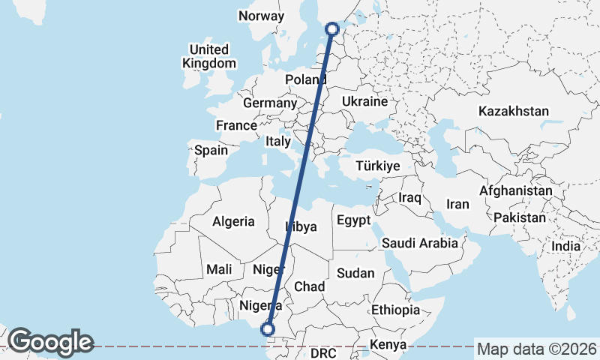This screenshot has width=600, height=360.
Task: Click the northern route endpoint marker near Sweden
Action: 333,29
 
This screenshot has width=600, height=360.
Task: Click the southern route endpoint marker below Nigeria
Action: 267,328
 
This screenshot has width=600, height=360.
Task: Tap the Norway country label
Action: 261,16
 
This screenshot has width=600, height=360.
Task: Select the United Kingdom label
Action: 208,57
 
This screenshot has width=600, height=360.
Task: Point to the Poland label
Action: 306,80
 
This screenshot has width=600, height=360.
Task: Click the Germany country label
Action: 271,103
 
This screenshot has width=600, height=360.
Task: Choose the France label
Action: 237,125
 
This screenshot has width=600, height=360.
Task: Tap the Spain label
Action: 211,150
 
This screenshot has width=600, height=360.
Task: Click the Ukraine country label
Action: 364,101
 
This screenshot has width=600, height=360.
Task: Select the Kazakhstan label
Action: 514,111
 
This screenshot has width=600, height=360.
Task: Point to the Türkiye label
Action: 379,166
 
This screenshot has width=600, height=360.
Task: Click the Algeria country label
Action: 234,222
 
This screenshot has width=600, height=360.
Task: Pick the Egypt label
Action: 353,220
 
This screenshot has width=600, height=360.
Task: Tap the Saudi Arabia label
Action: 419,243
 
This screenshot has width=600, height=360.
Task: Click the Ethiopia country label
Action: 395,310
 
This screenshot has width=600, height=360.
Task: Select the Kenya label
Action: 388,345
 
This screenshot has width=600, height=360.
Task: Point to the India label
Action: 565,246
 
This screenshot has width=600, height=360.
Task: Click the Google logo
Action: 50,342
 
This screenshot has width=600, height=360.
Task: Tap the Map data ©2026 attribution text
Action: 536,349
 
